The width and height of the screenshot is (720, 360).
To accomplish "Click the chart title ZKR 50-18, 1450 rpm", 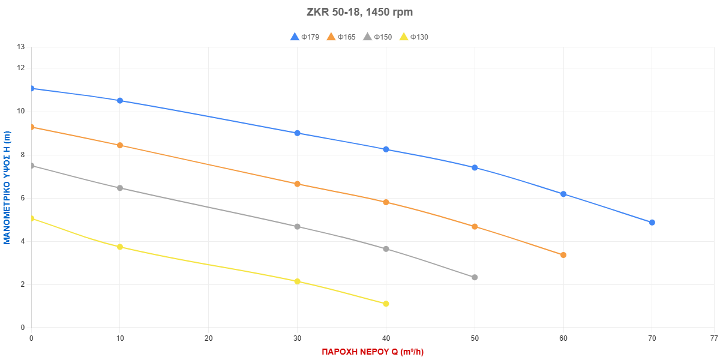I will [x=359, y=12].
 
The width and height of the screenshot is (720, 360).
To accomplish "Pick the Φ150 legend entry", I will [x=377, y=37].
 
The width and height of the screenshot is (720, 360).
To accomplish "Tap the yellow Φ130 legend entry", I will [x=414, y=37].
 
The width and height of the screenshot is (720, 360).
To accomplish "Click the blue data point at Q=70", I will [x=652, y=223].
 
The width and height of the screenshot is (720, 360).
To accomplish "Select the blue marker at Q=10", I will [x=120, y=100].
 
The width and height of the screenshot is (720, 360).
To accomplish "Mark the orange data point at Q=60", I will [x=563, y=255].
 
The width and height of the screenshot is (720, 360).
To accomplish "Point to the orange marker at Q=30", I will [x=297, y=184].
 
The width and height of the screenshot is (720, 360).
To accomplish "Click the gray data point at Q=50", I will [x=475, y=277].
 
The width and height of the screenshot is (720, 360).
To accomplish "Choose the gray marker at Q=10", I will [x=120, y=188].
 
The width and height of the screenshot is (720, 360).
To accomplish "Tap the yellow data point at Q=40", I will [x=386, y=304].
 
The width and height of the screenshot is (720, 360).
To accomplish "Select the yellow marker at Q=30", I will [x=297, y=281].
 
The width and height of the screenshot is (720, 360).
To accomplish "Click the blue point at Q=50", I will [x=475, y=167].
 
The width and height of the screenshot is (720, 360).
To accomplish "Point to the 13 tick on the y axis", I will [x=22, y=47].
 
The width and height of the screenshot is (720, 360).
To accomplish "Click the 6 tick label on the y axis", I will [x=23, y=198].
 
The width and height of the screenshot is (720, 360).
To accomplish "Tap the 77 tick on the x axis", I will [x=714, y=338].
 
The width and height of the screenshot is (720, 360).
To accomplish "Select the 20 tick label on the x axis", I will [x=208, y=338].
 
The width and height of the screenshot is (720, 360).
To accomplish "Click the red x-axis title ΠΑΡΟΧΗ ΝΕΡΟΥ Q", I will [x=373, y=352].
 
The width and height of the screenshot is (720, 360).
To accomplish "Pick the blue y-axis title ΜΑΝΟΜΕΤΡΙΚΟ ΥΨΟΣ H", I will [x=7, y=188].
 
